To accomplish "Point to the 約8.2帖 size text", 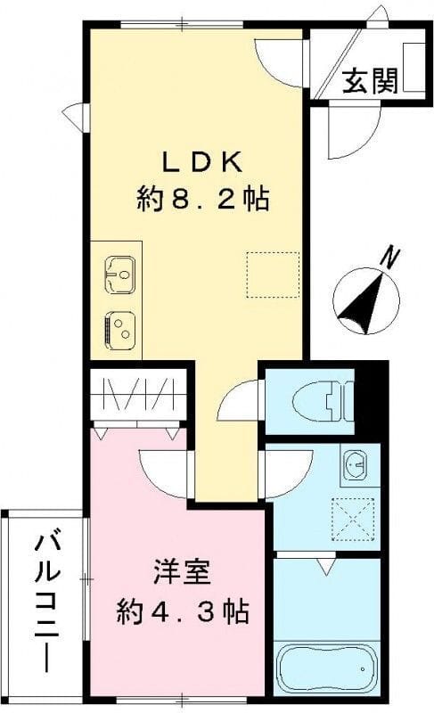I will point(202,198).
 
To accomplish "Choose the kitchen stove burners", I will point(119,328).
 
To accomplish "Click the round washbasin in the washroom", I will point(355,463).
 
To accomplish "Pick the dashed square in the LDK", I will point(272,274).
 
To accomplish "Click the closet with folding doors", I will point(141,395).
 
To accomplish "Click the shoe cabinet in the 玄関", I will point(413,67).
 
